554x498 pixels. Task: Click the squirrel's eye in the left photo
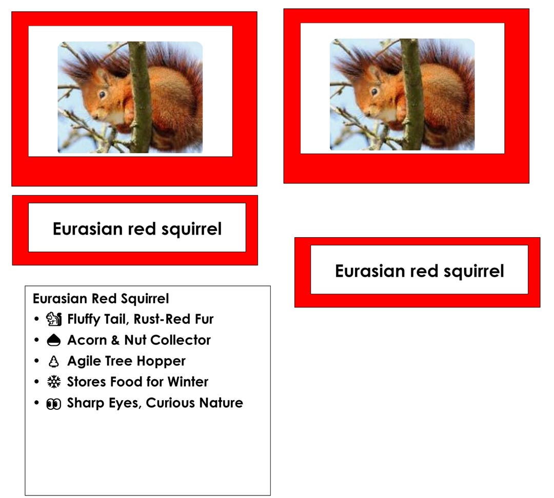click(x=102, y=95)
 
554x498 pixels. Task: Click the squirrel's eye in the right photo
click(x=374, y=92)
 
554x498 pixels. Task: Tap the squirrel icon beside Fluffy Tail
click(x=53, y=319)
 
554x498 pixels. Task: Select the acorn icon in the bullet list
click(x=53, y=340)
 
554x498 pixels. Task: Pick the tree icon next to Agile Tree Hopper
click(x=53, y=362)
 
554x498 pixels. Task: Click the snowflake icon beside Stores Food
click(x=53, y=382)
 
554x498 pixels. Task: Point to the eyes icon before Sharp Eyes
click(x=53, y=404)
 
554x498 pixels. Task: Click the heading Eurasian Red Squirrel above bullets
click(x=101, y=298)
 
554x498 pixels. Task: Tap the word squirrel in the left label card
click(x=191, y=229)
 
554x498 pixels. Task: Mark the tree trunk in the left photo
click(x=140, y=97)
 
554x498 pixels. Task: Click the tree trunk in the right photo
click(x=411, y=95)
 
